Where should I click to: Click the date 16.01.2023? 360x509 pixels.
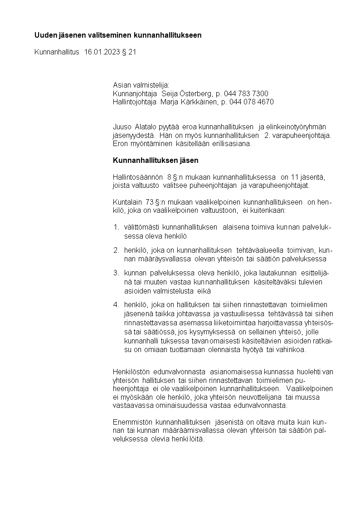point(102,52)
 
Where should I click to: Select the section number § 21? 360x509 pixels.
point(129,52)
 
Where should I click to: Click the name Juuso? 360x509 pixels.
point(122,127)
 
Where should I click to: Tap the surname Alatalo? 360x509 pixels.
point(145,127)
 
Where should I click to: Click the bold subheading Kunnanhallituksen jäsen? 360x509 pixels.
point(156,161)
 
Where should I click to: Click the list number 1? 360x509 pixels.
point(116,227)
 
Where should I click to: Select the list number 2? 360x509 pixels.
point(116,250)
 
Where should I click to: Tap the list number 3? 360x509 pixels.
point(116,273)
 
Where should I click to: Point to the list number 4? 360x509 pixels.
point(116,304)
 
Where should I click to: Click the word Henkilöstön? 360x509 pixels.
point(131,372)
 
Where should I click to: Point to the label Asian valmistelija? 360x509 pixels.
point(141,85)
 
